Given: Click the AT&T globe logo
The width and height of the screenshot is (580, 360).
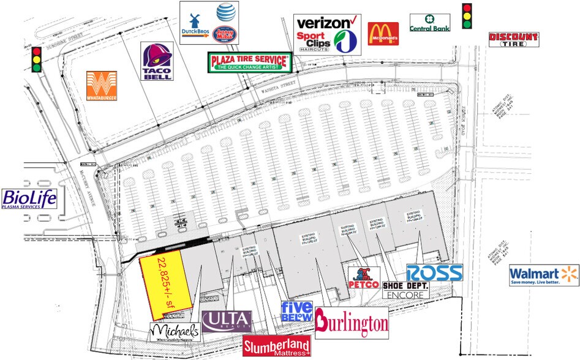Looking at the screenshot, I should click(x=225, y=11).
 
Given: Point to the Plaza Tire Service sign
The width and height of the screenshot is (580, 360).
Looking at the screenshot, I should click(x=249, y=62).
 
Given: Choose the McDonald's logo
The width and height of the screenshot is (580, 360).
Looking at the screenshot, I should click(x=383, y=34).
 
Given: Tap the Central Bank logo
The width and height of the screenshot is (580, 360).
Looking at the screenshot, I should click(x=430, y=23).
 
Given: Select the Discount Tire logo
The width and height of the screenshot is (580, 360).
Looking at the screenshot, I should click(x=513, y=40).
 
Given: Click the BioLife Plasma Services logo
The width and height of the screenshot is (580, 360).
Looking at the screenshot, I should click(x=29, y=199).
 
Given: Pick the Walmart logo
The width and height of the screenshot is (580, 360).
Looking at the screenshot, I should click(x=543, y=276).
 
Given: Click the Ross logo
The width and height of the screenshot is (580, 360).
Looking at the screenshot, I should click(x=434, y=272).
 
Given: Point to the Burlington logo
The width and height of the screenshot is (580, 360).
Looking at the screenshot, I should click(x=352, y=323).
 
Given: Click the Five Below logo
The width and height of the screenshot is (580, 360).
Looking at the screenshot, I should click(x=296, y=312).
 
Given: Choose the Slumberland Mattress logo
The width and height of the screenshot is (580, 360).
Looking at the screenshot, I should click(x=277, y=347).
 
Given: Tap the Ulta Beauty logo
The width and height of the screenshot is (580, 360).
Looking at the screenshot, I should click(x=227, y=321).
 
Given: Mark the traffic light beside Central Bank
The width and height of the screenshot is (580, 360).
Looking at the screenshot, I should click(x=468, y=16).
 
